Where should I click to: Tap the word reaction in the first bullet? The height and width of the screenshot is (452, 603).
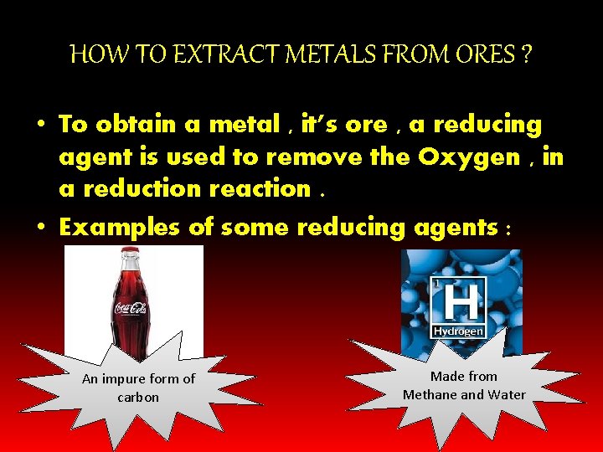[255, 188]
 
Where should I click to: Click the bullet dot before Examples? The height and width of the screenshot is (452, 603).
[40, 227]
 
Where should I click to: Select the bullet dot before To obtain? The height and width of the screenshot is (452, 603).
[40, 125]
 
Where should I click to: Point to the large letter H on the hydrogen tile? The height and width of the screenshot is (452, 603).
[457, 301]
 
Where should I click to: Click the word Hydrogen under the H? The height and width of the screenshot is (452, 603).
[458, 331]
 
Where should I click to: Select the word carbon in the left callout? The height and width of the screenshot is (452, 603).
[138, 397]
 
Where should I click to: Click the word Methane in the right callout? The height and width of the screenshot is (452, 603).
[432, 394]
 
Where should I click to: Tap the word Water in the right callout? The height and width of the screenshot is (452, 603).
[508, 394]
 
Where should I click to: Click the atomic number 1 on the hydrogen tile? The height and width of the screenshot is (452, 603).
[435, 284]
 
